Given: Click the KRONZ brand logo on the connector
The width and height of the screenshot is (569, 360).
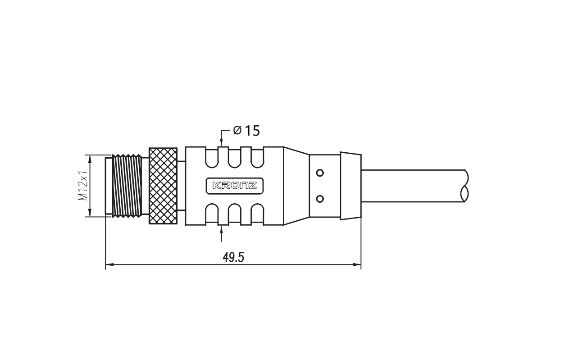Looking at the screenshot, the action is (x=234, y=186).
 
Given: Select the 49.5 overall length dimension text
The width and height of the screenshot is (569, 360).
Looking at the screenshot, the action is (x=233, y=257).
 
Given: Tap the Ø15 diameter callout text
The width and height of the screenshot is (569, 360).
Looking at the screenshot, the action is (x=246, y=131).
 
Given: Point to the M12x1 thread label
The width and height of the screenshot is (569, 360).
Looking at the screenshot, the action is (x=83, y=185).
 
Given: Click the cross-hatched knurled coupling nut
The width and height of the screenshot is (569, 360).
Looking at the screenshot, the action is (x=163, y=186).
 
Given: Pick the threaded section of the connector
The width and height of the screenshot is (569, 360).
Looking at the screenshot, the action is (x=127, y=186).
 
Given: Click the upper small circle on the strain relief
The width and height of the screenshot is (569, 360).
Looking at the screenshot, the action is (x=320, y=173).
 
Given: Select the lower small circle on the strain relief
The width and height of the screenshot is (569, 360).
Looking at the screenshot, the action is (x=320, y=199).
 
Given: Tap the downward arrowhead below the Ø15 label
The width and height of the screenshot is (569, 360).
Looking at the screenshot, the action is (x=222, y=143).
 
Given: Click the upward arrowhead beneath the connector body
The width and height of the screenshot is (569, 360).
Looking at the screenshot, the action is (x=222, y=230).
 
